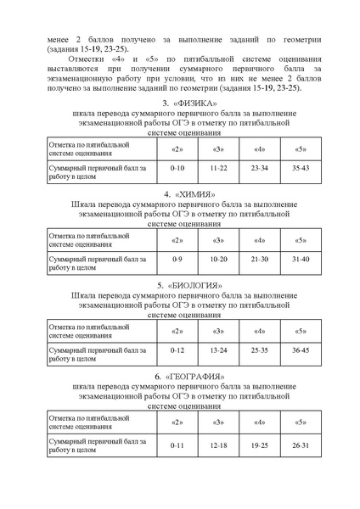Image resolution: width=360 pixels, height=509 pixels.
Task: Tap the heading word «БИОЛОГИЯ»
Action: click(188, 285)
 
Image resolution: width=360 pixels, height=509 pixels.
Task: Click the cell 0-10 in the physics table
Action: click(177, 170)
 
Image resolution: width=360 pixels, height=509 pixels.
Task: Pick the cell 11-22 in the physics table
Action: click(219, 170)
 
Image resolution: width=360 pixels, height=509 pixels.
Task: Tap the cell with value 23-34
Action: click(260, 170)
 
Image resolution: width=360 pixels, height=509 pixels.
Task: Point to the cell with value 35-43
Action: click(301, 170)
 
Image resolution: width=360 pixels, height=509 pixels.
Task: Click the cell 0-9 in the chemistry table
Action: click(177, 258)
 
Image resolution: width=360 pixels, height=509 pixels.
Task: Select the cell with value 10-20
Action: click(219, 258)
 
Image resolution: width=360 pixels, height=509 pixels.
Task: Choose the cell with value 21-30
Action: click(260, 258)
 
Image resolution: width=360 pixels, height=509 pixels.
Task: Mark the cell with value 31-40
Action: click(301, 258)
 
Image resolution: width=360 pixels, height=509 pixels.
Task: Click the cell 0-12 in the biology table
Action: click(177, 350)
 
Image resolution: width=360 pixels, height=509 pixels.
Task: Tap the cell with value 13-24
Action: click(219, 350)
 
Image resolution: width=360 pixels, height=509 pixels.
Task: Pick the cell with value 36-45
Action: click(301, 350)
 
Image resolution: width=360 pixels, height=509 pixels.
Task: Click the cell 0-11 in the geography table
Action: click(177, 445)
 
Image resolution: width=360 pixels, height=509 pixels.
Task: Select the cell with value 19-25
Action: click(260, 445)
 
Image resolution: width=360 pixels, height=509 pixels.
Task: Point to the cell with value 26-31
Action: click(301, 445)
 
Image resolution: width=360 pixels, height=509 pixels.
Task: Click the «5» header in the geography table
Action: click(301, 422)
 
